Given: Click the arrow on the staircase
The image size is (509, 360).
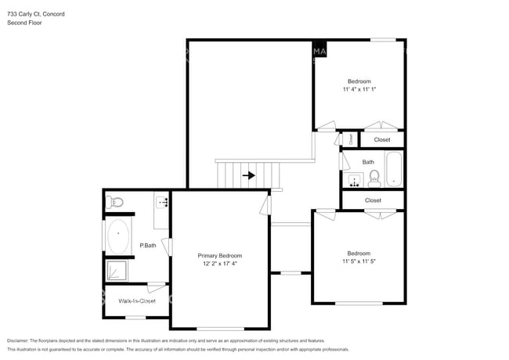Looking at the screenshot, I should [248, 175].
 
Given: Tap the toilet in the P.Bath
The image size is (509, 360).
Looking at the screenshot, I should [116, 202].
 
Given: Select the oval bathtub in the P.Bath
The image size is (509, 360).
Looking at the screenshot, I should [119, 237].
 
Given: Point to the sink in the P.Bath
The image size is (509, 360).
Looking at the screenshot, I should [163, 202].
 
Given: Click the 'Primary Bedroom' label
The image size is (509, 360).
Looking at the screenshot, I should [219, 256].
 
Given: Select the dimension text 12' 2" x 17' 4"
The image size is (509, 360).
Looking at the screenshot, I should [219, 265].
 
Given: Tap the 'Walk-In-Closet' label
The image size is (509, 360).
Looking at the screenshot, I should [136, 301].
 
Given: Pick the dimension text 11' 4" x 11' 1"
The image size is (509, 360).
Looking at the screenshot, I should [359, 90].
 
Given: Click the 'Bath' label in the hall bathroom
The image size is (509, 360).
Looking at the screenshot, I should [368, 162].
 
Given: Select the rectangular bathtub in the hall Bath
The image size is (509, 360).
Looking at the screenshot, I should [393, 170].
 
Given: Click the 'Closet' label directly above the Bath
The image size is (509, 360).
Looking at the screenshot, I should [381, 139].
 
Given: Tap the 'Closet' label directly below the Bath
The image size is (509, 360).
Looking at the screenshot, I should [373, 200].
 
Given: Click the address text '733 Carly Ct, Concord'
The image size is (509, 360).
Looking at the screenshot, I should [35, 13].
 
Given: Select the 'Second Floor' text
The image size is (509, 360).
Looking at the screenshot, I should [24, 23].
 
